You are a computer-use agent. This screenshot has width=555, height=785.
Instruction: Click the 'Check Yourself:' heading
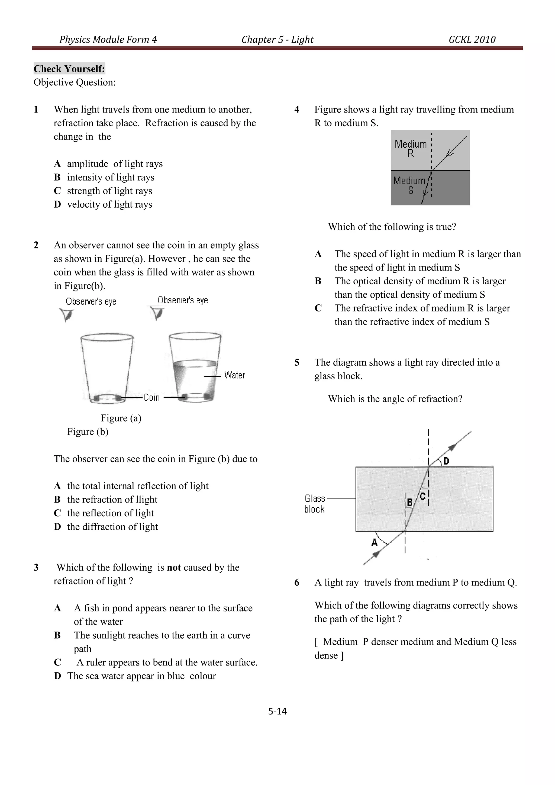(69, 69)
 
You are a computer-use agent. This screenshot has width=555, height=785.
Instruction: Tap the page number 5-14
(277, 711)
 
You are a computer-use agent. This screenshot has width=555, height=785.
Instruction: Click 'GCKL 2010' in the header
(472, 39)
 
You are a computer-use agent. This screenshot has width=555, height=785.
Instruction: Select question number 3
(36, 568)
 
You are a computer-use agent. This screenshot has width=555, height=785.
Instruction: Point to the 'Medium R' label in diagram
(411, 148)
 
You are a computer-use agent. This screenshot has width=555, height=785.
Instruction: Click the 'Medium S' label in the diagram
(409, 185)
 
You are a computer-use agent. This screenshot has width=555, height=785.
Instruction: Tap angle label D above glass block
(446, 461)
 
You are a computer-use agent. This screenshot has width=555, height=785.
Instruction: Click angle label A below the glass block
(375, 542)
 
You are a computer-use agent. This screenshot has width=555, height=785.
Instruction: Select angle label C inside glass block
(423, 496)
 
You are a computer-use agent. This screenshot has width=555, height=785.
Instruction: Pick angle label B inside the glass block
(410, 502)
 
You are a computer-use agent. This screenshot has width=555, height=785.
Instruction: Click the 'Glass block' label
(314, 504)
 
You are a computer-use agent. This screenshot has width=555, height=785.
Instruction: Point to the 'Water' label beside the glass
(234, 375)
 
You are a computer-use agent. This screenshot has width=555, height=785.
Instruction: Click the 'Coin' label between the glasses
(151, 397)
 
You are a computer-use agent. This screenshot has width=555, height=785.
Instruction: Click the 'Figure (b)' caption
(88, 432)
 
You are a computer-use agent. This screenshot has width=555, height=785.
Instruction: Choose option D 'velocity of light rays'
(109, 204)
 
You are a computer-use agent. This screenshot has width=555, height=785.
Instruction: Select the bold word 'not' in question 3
(174, 568)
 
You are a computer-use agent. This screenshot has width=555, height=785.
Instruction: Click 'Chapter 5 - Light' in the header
(277, 39)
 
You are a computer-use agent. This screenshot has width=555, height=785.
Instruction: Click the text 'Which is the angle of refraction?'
(395, 399)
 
